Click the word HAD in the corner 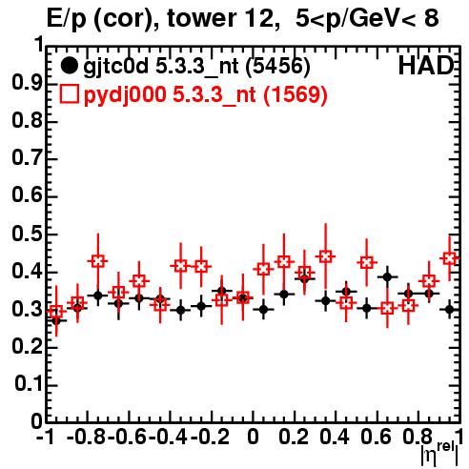point(426,66)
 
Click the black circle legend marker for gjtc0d point(69,66)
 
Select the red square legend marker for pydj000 point(69,94)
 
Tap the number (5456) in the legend point(278,67)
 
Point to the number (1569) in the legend point(296,94)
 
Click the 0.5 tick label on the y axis point(27,234)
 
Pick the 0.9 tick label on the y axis point(27,83)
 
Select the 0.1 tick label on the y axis point(29,383)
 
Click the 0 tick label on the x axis point(253,437)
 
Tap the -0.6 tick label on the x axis point(127,437)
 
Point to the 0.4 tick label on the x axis point(335,437)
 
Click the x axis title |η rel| point(440,454)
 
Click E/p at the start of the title point(67,20)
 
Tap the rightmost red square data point point(449,258)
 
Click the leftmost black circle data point point(56,321)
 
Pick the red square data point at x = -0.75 point(98,261)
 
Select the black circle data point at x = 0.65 point(387,277)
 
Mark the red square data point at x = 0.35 point(325,256)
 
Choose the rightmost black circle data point point(449,309)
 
